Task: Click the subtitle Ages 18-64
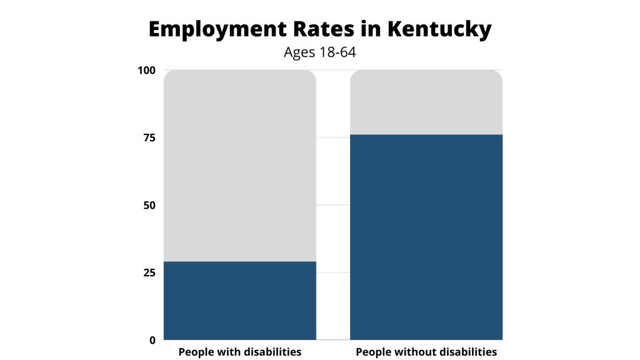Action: (319, 52)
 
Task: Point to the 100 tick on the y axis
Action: (146, 70)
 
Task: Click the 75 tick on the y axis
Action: (149, 137)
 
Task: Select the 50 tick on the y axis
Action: (149, 205)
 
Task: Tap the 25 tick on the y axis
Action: (149, 272)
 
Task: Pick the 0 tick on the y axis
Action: (152, 340)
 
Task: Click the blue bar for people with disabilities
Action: (240, 301)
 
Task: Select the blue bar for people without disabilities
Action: (426, 237)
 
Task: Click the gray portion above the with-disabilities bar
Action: (240, 166)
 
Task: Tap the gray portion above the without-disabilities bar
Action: (426, 102)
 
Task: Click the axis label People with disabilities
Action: (240, 352)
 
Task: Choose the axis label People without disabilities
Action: (426, 352)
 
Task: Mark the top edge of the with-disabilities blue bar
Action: (240, 262)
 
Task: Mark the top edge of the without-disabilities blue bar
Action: (426, 135)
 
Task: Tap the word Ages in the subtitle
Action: (298, 52)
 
